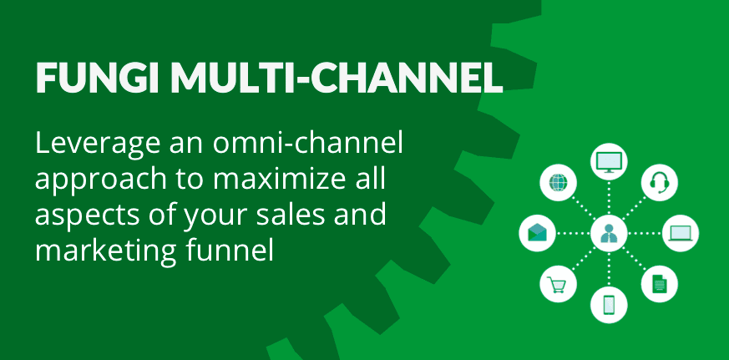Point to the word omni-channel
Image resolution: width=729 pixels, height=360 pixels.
[308, 144]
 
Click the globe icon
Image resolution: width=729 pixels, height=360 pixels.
[558, 182]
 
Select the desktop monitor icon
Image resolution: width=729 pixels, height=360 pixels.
[609, 162]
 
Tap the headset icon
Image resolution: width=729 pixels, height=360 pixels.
[659, 182]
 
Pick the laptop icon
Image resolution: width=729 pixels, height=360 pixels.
[681, 233]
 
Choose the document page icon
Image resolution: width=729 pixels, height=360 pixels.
[659, 284]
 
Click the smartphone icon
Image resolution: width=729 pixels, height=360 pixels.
[609, 305]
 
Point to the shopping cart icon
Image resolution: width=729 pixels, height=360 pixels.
[557, 285]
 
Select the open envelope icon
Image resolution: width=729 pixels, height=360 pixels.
[537, 233]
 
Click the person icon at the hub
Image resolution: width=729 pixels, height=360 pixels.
[609, 233]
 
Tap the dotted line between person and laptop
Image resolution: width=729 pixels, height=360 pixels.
[645, 233]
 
